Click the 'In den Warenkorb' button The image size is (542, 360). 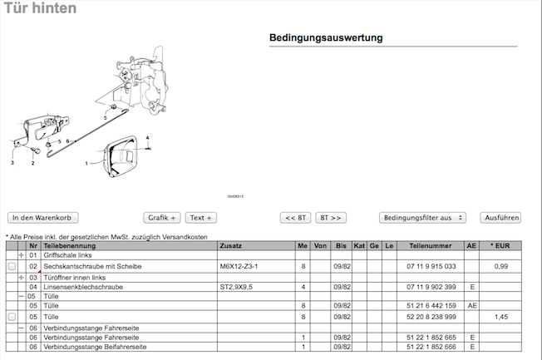43,218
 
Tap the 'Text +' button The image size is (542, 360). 201,218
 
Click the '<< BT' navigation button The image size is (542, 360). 296,218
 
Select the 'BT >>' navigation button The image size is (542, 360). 331,218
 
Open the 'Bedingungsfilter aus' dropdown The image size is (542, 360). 422,218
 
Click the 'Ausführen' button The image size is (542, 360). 500,218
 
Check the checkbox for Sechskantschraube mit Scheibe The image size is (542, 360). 12,266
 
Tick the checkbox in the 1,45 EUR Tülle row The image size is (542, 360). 12,317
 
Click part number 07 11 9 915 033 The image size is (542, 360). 431,266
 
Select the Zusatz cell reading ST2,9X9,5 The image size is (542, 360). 236,287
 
